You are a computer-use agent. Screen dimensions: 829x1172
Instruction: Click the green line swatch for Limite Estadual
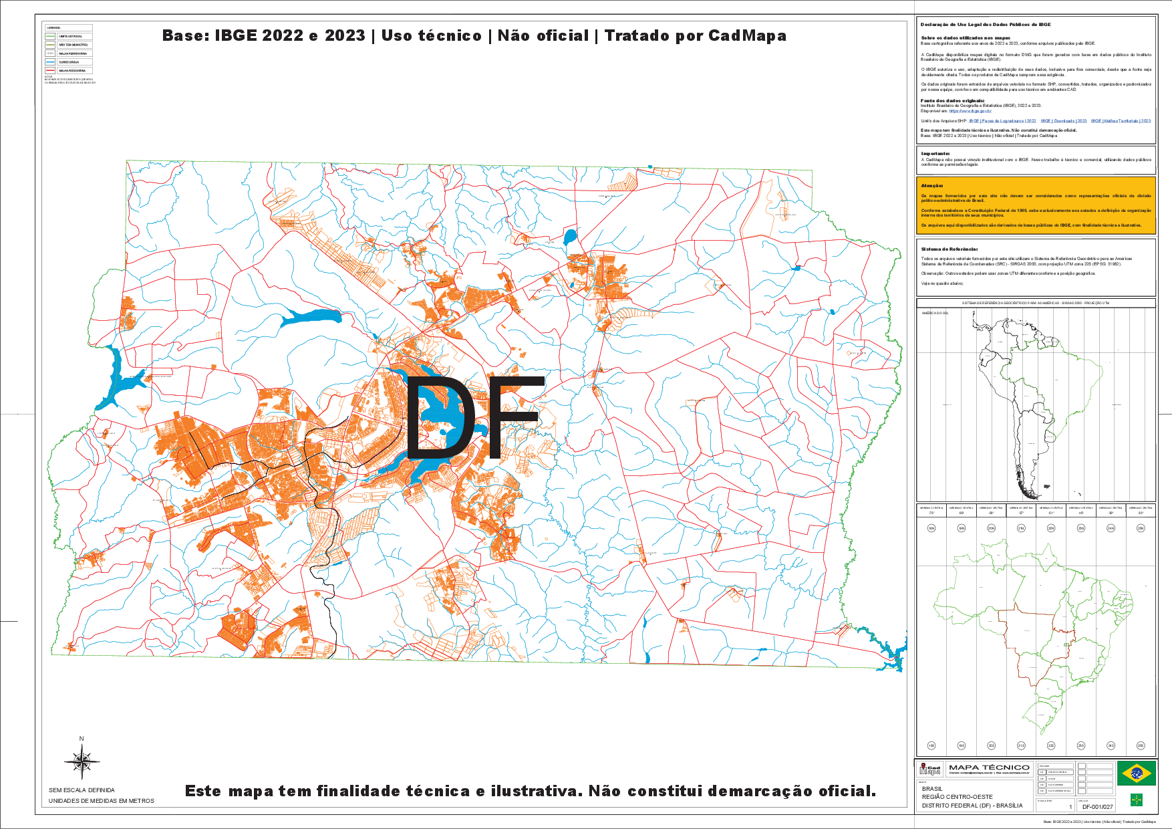(51, 36)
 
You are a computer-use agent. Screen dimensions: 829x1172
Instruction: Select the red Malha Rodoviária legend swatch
(51, 70)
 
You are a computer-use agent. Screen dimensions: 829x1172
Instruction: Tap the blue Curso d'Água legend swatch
(51, 62)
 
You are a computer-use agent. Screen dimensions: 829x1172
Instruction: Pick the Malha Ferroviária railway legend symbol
(51, 53)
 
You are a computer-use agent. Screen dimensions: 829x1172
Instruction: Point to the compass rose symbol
(82, 761)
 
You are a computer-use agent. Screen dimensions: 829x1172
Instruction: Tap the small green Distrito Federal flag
(1135, 800)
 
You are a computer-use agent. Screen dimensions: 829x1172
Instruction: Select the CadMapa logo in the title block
(930, 769)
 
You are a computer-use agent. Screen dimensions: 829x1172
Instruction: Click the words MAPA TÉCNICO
(988, 767)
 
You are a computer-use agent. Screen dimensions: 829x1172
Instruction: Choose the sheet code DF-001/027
(1097, 807)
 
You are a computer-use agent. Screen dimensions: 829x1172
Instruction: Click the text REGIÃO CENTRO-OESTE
(957, 797)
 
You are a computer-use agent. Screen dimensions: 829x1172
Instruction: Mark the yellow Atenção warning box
(1036, 205)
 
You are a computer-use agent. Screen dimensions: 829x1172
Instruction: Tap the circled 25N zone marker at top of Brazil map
(1141, 528)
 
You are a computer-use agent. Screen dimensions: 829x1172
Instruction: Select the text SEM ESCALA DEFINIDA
(82, 790)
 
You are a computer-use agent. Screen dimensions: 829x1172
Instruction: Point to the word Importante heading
(935, 154)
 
